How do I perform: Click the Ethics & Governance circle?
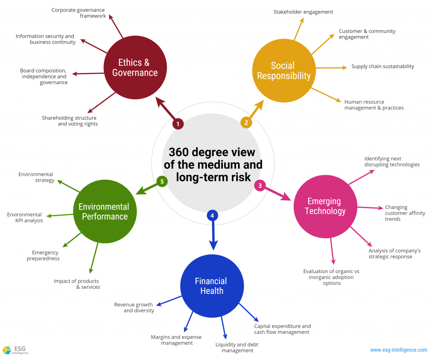click(135, 67)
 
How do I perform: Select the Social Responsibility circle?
click(284, 71)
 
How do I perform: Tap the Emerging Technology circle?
click(325, 207)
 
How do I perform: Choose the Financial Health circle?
click(212, 286)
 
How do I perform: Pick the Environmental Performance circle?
click(105, 212)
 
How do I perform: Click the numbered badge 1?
click(178, 124)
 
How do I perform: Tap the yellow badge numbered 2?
click(246, 123)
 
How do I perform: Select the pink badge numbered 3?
click(260, 185)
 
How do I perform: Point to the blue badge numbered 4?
click(212, 215)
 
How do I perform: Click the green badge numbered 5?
click(162, 181)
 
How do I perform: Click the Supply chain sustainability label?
click(383, 67)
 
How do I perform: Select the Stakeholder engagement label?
click(303, 12)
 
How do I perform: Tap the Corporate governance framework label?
click(78, 13)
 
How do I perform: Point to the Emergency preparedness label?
click(43, 255)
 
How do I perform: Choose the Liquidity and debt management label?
click(237, 347)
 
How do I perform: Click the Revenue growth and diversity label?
click(134, 307)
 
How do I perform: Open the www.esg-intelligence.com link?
click(398, 350)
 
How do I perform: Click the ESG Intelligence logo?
click(16, 350)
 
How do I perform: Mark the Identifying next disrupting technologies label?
click(392, 162)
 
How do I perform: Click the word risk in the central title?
click(239, 177)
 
